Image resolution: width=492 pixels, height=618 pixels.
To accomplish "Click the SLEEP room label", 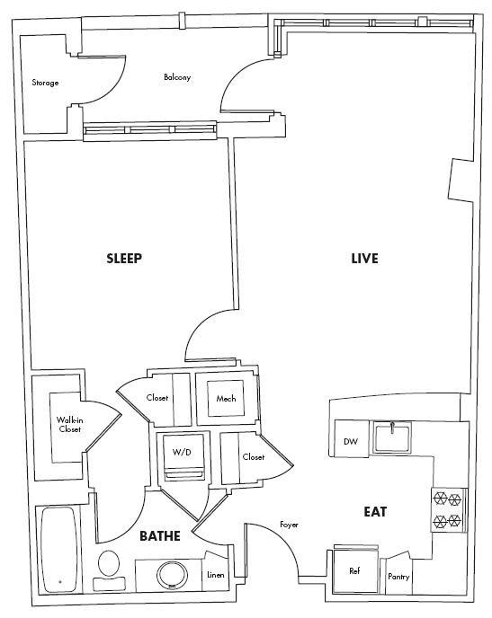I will click(124, 259).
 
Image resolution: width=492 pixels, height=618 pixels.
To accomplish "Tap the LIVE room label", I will click(364, 259).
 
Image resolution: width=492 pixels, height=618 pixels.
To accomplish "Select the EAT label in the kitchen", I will click(375, 511).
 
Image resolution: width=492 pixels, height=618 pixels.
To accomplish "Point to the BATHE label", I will click(160, 536).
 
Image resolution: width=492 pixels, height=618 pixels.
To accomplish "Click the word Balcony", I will click(176, 77).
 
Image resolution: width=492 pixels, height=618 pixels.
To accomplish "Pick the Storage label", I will click(45, 83).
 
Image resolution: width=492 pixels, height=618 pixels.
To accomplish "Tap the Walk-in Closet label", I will click(68, 425).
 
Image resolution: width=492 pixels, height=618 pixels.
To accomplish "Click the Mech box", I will click(225, 399).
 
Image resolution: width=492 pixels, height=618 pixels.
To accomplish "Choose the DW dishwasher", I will click(352, 442).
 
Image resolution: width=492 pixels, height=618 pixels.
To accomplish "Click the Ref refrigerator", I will click(353, 570).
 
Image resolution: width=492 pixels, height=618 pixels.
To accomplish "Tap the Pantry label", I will click(398, 577).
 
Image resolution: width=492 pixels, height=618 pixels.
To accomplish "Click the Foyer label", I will click(289, 525).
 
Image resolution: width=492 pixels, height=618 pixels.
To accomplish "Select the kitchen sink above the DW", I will click(392, 437).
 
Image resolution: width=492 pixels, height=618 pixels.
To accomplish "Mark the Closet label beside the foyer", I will click(253, 457).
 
